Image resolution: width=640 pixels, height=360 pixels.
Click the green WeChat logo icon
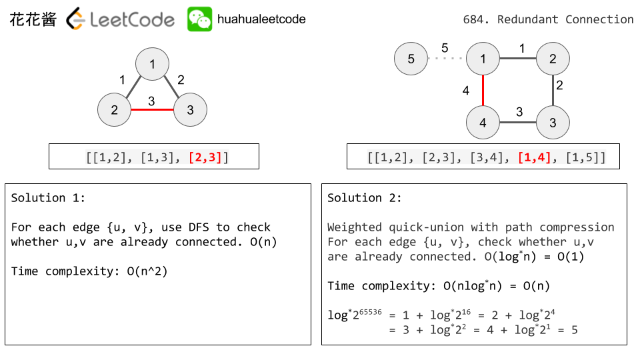pos(199,19)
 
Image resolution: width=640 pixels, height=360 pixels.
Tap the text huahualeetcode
pos(261,19)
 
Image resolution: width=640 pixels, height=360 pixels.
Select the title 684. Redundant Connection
pos(548,19)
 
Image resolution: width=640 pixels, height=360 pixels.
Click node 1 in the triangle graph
pos(153,65)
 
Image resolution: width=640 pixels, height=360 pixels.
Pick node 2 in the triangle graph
pos(115,110)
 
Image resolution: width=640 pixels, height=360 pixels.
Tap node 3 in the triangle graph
pos(190,110)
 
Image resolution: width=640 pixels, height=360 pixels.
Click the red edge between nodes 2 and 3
pos(152,110)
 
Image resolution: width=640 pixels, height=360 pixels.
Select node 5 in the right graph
pos(411,59)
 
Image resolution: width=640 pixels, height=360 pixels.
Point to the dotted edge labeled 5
pos(446,59)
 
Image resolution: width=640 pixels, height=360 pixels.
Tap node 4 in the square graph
pos(483,123)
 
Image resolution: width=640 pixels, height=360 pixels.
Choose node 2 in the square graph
pos(553,59)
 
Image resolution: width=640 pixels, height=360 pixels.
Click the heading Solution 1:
pos(48,198)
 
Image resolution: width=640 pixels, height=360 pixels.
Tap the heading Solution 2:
pos(365,198)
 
